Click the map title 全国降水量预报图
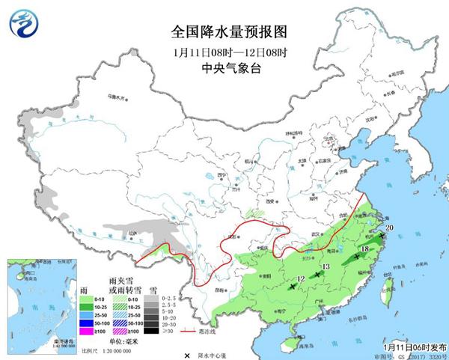point(224,31)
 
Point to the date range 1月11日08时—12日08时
point(224,52)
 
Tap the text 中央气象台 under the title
point(224,68)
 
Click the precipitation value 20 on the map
point(388,228)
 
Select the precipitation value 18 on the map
point(365,248)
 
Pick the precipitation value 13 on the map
point(325,267)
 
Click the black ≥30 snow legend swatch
point(152,330)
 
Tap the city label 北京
point(326,138)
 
